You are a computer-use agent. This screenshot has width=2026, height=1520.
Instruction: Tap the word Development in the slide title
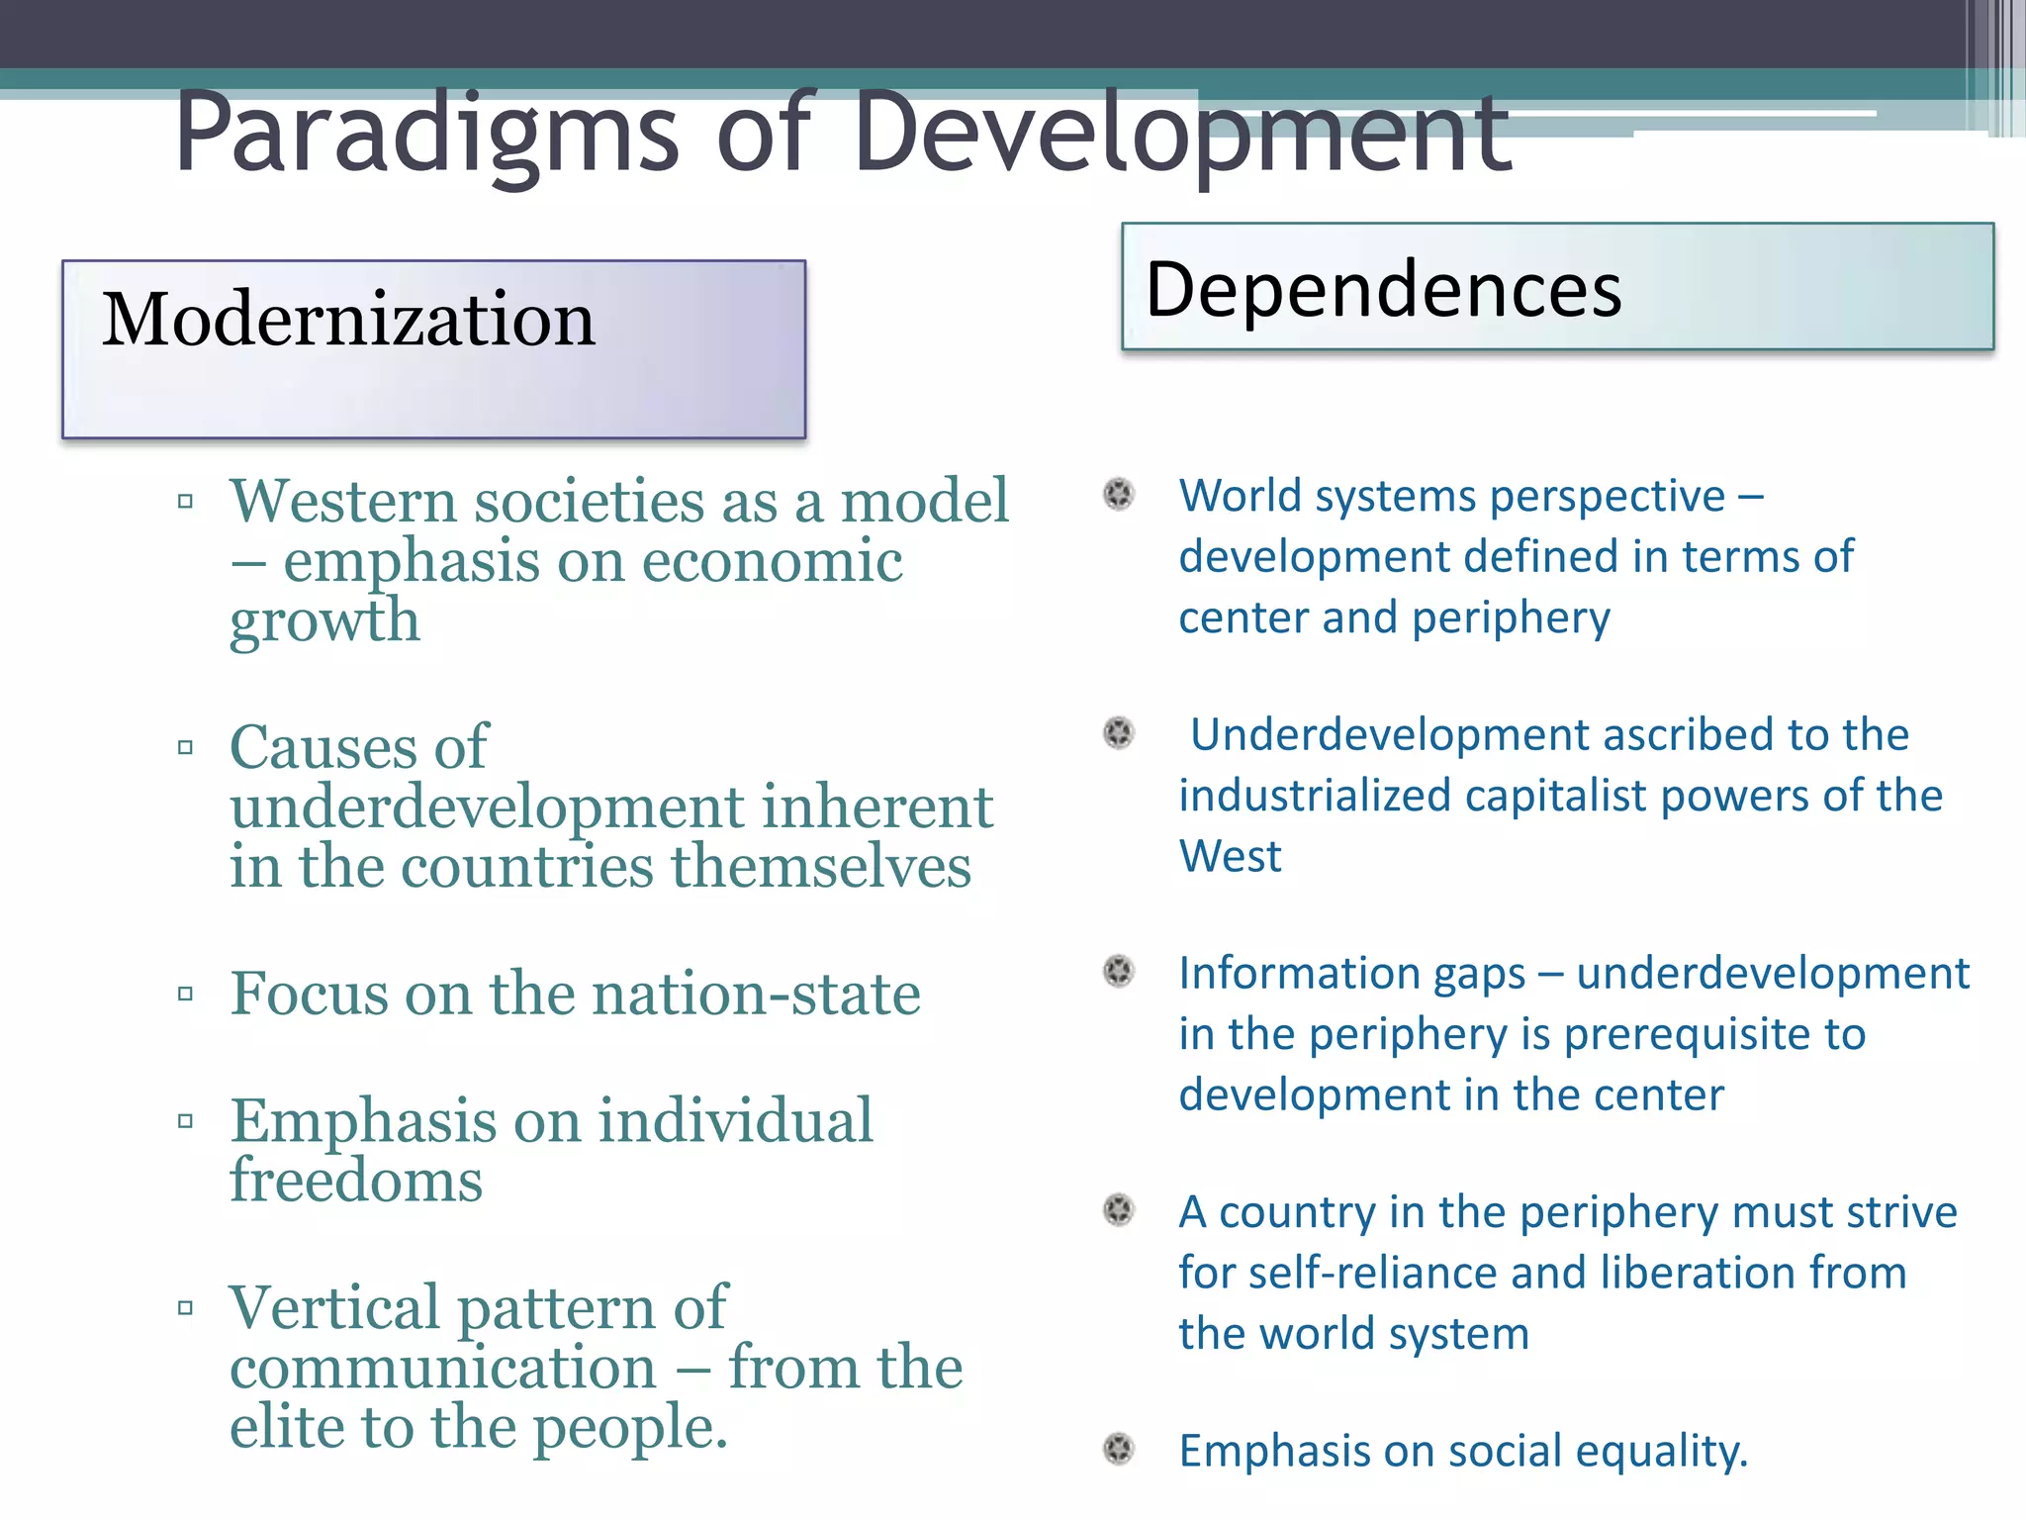click(1182, 134)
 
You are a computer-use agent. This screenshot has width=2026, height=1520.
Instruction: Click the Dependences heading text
click(1383, 289)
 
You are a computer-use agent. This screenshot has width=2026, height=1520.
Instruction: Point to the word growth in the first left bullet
click(324, 622)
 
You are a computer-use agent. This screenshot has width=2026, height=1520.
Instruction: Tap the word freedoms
click(356, 1181)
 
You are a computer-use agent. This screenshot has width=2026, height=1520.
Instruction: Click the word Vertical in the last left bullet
click(334, 1307)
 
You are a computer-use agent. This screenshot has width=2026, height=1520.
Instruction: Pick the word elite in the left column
click(288, 1427)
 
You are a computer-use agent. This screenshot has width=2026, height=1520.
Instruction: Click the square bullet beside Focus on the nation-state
click(185, 994)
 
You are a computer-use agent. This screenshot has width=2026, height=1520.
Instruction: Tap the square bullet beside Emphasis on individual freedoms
click(185, 1121)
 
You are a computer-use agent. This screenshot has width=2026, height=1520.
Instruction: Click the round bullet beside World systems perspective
click(1119, 494)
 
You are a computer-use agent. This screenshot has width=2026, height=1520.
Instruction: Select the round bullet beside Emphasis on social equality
click(1119, 1449)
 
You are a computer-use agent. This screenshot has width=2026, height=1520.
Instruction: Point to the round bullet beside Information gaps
click(1119, 972)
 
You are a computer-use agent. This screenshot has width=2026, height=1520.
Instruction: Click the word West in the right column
click(1230, 856)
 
